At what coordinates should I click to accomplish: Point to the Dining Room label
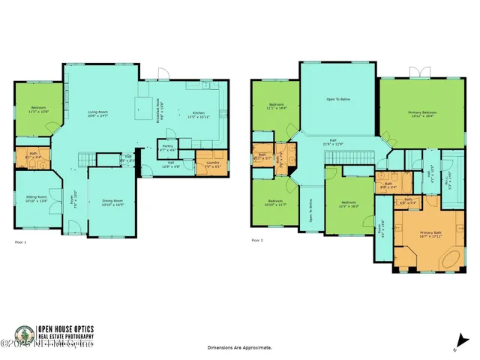point(112,202)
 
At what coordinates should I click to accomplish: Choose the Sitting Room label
point(37,199)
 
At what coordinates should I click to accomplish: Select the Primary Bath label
point(430,234)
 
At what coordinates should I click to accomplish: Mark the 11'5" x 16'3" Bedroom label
point(349,204)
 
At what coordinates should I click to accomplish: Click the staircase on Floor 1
point(88,158)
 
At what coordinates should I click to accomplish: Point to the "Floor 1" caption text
point(20,242)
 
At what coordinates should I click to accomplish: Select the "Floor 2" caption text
point(257,240)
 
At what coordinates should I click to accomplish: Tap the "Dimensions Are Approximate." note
point(239,348)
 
